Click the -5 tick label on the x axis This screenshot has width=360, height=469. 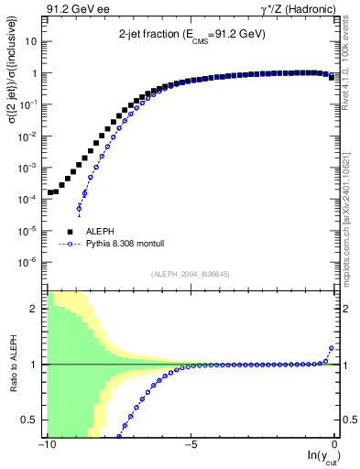coord(191,444)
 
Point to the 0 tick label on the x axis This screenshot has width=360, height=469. coord(335,444)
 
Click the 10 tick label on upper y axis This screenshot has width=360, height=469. coord(32,42)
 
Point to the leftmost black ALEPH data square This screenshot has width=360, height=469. coord(50,193)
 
